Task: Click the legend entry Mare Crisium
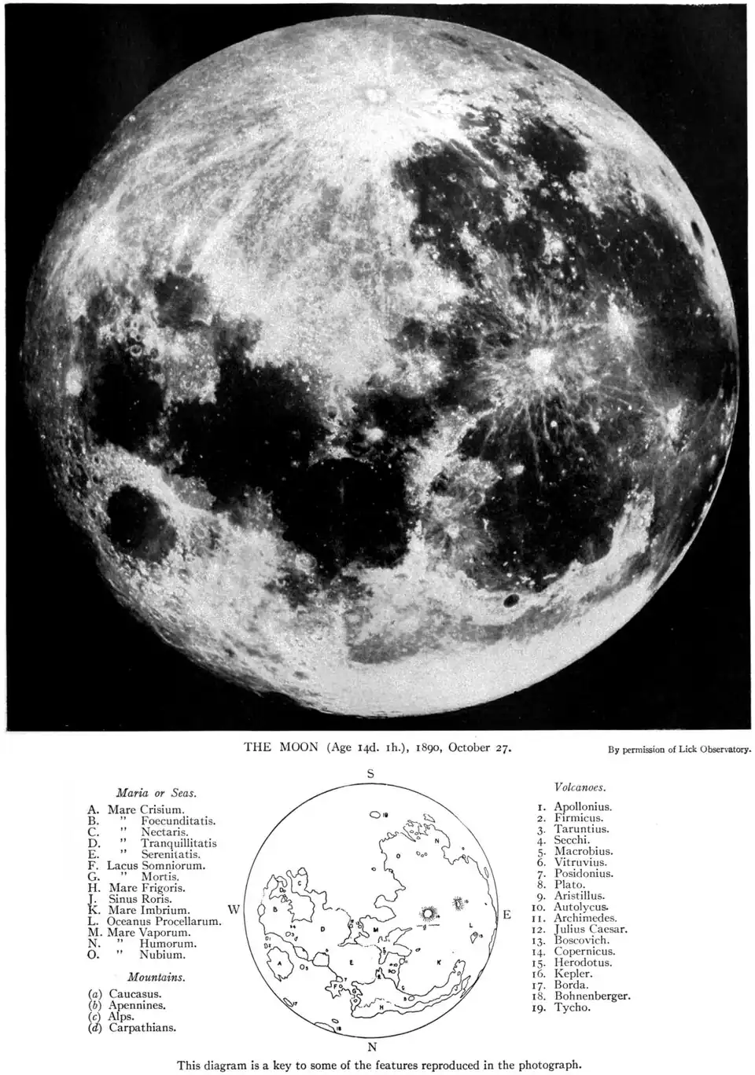(149, 809)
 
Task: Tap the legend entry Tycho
(572, 1007)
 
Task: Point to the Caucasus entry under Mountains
(134, 994)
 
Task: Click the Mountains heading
(156, 978)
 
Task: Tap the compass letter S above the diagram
(370, 774)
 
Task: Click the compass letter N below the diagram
(372, 1047)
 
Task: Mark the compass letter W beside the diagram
(234, 909)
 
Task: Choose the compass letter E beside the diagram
(507, 915)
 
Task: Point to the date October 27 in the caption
(481, 747)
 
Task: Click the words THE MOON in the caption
(281, 747)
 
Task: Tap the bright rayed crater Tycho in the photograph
(374, 95)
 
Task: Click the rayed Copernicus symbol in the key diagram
(429, 913)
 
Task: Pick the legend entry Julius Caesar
(590, 929)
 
